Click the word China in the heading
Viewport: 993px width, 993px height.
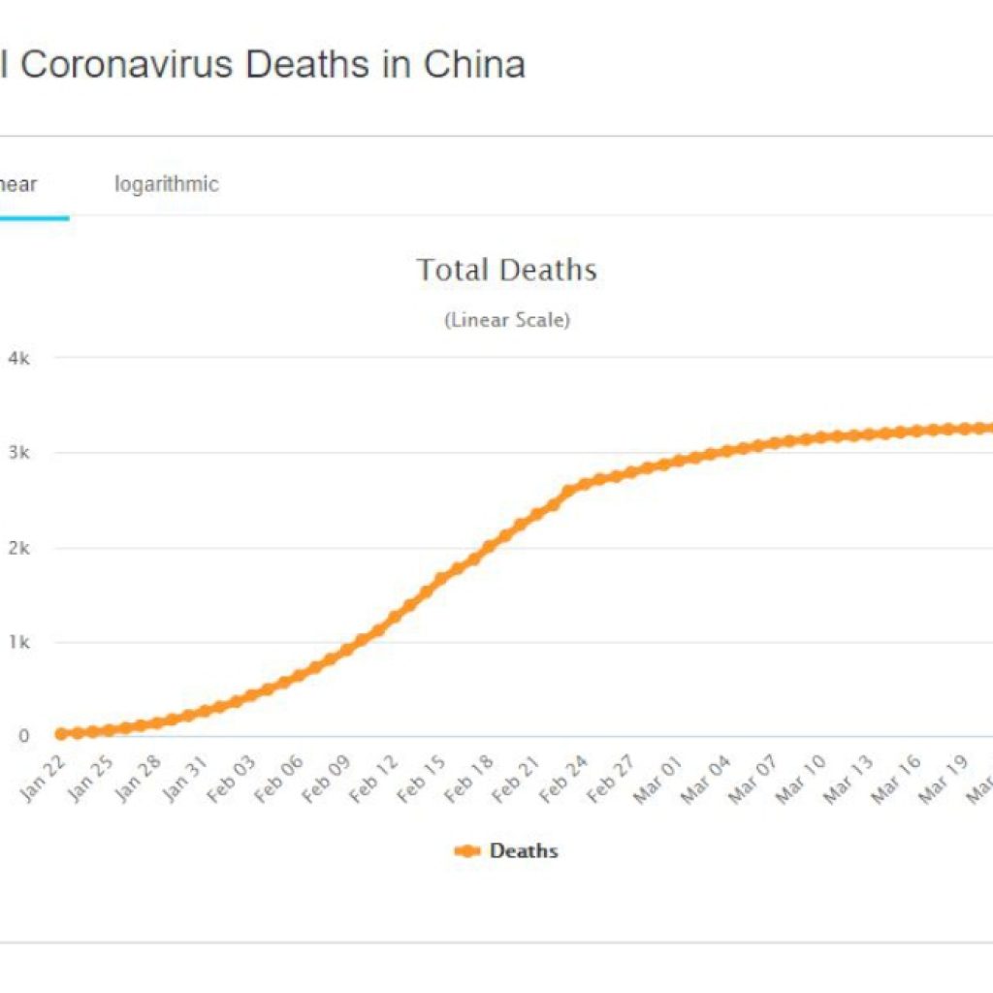click(474, 65)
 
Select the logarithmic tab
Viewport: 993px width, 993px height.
click(167, 184)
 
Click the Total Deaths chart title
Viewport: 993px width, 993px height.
click(506, 270)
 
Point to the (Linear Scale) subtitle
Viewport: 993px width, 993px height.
click(506, 320)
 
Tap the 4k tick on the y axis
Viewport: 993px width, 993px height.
click(18, 358)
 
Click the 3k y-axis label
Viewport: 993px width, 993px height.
click(18, 453)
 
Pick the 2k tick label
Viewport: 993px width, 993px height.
click(18, 548)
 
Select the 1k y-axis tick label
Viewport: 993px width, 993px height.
click(18, 642)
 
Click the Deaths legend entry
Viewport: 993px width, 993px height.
click(506, 851)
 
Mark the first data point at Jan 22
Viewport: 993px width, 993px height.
click(62, 734)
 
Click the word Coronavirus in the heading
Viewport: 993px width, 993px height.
click(128, 65)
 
